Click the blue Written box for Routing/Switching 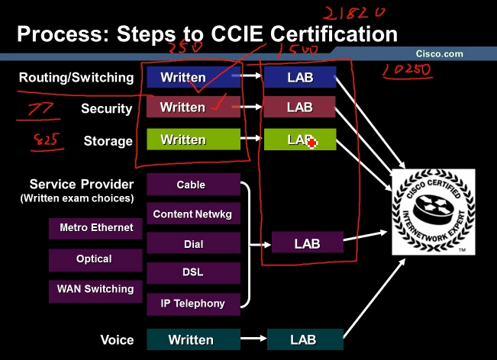pyautogui.click(x=183, y=77)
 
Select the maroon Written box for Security pyautogui.click(x=183, y=108)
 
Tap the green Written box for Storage pyautogui.click(x=183, y=140)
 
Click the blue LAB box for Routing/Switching pyautogui.click(x=300, y=77)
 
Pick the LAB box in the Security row pyautogui.click(x=300, y=108)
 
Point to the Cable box pyautogui.click(x=192, y=185)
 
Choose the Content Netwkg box pyautogui.click(x=193, y=214)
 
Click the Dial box pyautogui.click(x=193, y=244)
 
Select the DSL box pyautogui.click(x=193, y=273)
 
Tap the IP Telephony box pyautogui.click(x=193, y=304)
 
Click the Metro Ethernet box pyautogui.click(x=95, y=228)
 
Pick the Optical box pyautogui.click(x=95, y=259)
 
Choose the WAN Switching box pyautogui.click(x=95, y=290)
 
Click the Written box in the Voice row pyautogui.click(x=191, y=339)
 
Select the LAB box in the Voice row pyautogui.click(x=303, y=339)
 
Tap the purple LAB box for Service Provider pyautogui.click(x=307, y=244)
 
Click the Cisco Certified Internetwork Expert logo pyautogui.click(x=433, y=212)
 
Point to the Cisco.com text pyautogui.click(x=439, y=54)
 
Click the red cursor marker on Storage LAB pyautogui.click(x=312, y=143)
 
